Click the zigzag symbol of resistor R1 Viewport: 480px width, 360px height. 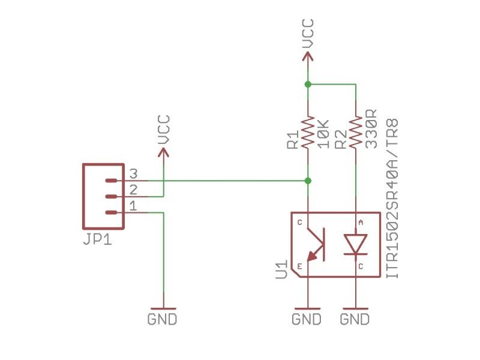coord(308,133)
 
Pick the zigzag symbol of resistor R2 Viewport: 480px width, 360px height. coord(356,133)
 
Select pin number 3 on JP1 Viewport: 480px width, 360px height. coord(133,174)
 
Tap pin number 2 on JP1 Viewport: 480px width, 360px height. coord(133,190)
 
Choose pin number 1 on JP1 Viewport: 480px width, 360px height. coord(133,206)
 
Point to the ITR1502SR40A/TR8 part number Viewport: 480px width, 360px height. coord(395,198)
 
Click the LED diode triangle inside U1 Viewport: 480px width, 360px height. coord(356,244)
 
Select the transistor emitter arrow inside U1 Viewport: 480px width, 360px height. coord(311,257)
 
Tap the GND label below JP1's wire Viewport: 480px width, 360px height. coord(163,319)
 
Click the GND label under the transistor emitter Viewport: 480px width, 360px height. coord(307,319)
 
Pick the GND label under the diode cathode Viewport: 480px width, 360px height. coord(355,319)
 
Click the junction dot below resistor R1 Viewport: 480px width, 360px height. coord(308,180)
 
